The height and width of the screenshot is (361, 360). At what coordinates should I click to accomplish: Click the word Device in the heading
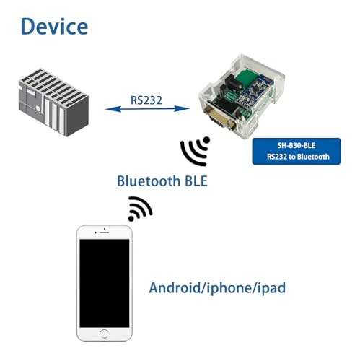coord(54,27)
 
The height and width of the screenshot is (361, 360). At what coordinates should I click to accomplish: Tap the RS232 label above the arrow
coord(146,100)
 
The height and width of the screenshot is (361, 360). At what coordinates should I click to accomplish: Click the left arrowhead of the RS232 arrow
coord(113,109)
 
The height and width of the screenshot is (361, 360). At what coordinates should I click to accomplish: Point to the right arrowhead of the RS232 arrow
coord(183,109)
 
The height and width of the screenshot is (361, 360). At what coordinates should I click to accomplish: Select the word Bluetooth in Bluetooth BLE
coord(149,180)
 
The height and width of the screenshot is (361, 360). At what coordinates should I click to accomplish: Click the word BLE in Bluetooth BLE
coord(196,180)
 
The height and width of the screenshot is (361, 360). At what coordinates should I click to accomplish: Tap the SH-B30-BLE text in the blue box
coord(297,145)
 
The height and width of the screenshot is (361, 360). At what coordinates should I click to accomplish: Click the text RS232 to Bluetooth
coord(298,157)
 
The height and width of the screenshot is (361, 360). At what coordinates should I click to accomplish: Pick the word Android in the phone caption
coord(174,287)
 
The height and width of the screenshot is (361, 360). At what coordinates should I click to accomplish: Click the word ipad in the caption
coord(271,288)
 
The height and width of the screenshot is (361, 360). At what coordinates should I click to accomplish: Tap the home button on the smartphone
coord(104,333)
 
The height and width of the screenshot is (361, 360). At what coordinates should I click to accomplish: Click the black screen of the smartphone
coord(105,283)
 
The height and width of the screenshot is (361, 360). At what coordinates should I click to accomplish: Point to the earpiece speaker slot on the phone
coord(105,232)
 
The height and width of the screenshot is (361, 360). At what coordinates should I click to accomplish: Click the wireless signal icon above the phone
coord(139,209)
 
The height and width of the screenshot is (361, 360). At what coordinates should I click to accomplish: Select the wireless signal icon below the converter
coord(196,152)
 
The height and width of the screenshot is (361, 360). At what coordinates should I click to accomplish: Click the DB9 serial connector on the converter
coord(220,120)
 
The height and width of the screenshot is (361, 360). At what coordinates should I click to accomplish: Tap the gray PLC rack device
coord(53,102)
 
